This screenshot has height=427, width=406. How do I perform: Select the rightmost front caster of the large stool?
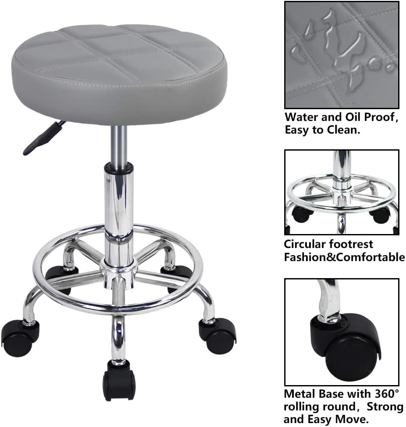(x=217, y=335)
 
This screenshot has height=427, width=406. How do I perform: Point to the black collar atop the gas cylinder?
(x=119, y=167)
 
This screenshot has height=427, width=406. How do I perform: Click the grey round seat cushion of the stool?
(x=119, y=73)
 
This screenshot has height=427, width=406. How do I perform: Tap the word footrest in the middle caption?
(x=351, y=244)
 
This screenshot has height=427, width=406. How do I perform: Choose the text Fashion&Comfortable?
(x=344, y=257)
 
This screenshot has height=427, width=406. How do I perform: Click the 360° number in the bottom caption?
(x=387, y=394)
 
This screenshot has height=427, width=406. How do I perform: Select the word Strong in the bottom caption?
(x=385, y=406)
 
